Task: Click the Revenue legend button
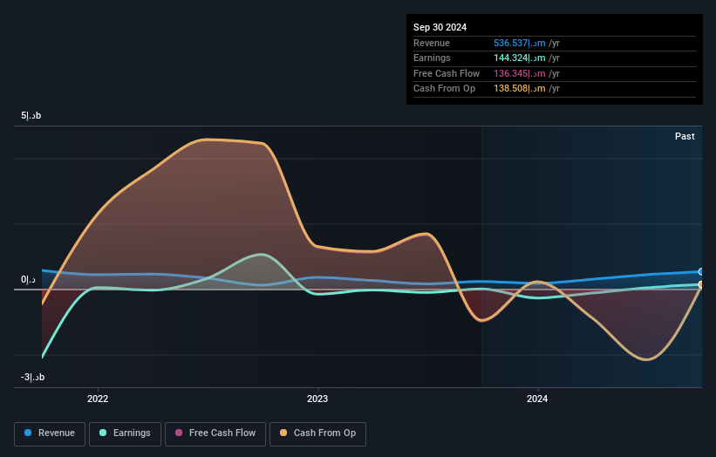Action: (51, 433)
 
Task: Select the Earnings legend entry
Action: (125, 433)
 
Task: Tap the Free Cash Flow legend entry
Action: (215, 433)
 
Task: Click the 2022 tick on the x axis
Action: (98, 399)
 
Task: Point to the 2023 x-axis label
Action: (317, 399)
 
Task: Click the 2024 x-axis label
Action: (537, 399)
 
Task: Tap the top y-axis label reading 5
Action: (31, 116)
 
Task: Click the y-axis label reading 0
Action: (29, 280)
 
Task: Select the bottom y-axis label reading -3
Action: (32, 377)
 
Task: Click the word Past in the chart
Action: (685, 136)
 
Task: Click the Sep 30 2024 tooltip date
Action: (440, 27)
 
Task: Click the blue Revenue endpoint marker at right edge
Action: (700, 272)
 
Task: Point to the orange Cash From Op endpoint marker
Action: (700, 285)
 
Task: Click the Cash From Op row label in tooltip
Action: (444, 89)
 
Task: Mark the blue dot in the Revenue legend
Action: (29, 433)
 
